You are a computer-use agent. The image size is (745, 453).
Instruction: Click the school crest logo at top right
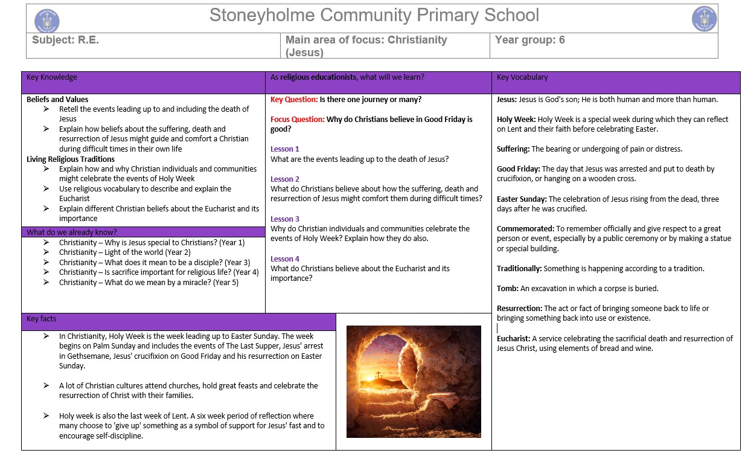point(704,19)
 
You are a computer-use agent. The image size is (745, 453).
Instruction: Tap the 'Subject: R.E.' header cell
point(65,40)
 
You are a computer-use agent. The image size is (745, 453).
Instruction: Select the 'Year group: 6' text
point(529,40)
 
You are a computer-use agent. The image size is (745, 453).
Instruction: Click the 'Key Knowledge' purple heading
point(52,77)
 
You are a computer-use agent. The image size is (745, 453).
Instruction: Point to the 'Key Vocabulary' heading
point(522,77)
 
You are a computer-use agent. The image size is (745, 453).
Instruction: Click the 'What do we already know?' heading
point(72,232)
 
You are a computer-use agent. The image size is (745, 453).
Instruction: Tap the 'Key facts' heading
point(42,319)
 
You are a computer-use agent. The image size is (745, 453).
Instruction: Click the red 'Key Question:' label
point(294,100)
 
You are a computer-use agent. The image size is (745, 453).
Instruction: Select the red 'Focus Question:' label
point(298,120)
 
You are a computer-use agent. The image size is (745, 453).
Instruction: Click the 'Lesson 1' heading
point(285,149)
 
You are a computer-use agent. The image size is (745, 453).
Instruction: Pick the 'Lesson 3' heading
point(285,219)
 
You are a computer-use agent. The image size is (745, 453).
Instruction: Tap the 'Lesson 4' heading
point(285,259)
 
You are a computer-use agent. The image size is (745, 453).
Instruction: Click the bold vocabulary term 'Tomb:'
point(508,289)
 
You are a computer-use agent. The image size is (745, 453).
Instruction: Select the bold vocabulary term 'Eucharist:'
point(513,339)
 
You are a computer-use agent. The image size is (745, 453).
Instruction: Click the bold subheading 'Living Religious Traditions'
point(71,159)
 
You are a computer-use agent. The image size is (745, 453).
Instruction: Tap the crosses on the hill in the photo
point(379,375)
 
